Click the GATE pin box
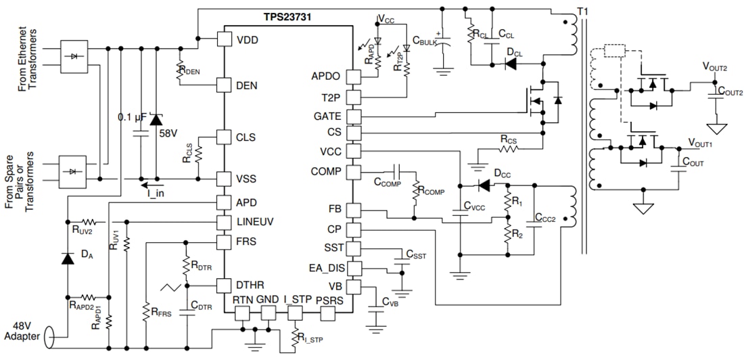point(352,116)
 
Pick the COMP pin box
point(352,171)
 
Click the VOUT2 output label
point(715,67)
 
